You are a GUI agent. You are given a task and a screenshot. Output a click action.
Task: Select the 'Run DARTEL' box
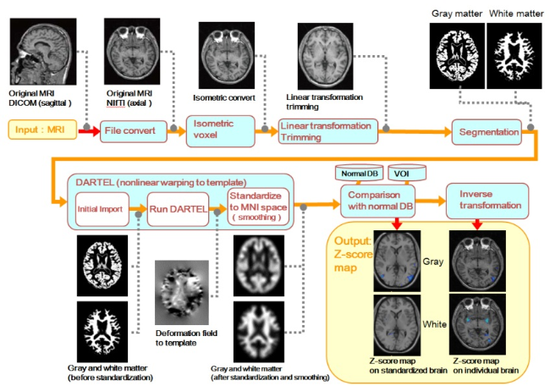click(x=179, y=208)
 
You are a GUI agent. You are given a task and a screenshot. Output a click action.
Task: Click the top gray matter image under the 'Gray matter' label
click(x=458, y=52)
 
